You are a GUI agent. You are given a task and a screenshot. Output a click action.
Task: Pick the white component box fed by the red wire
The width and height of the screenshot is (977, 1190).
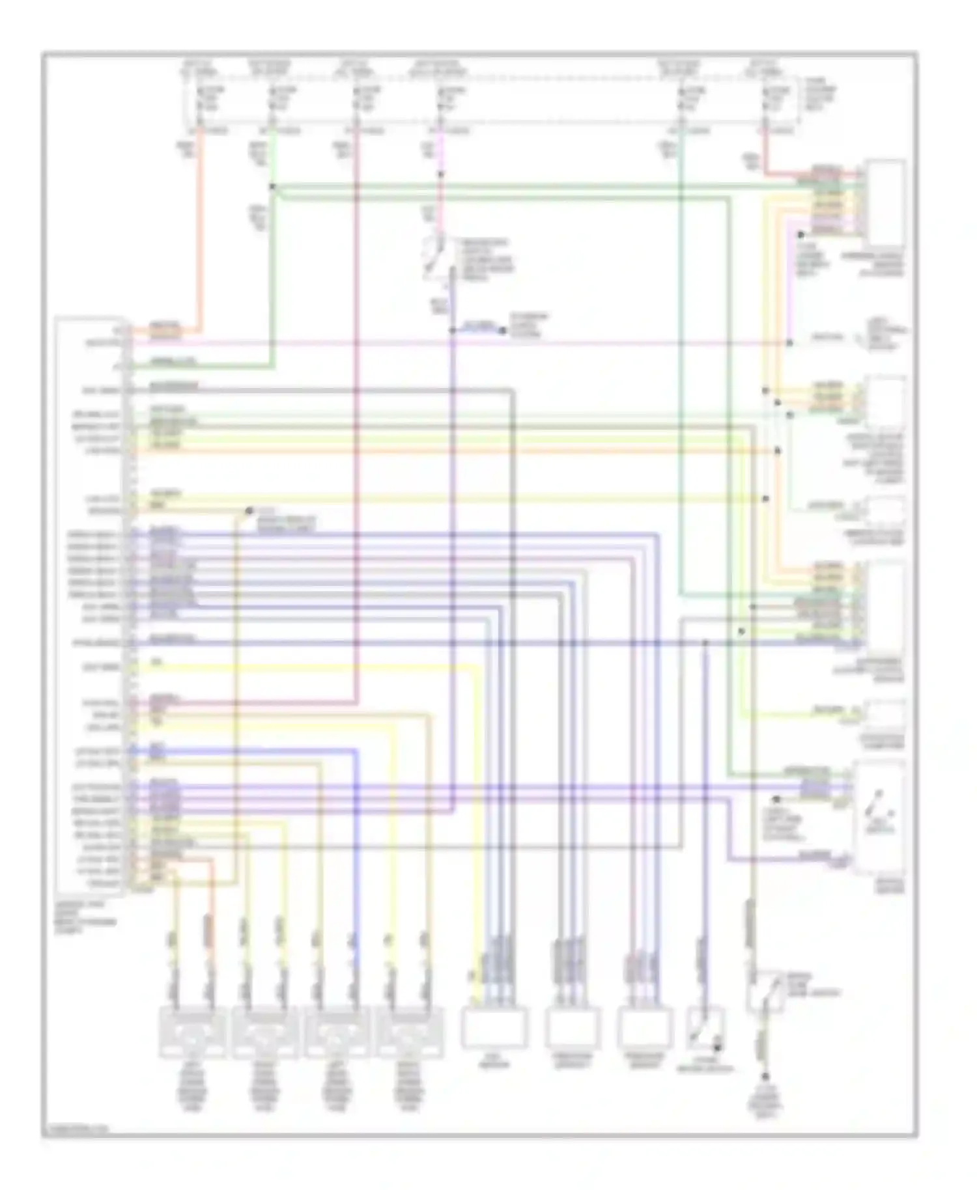pyautogui.click(x=885, y=202)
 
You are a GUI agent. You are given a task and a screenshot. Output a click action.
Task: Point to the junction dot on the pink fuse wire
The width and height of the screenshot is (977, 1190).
pyautogui.click(x=441, y=174)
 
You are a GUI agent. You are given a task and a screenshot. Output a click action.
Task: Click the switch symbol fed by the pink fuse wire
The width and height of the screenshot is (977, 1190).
pyautogui.click(x=435, y=256)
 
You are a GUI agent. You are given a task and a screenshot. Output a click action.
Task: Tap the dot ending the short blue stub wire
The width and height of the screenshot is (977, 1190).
pyautogui.click(x=502, y=331)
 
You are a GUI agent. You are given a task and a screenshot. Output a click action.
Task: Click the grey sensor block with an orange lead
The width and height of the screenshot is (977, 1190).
pyautogui.click(x=193, y=1032)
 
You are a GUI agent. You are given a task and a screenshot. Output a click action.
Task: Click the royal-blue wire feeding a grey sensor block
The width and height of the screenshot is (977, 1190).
pyautogui.click(x=356, y=846)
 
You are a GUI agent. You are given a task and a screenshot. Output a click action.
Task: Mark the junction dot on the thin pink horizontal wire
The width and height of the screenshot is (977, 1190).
pyautogui.click(x=789, y=343)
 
